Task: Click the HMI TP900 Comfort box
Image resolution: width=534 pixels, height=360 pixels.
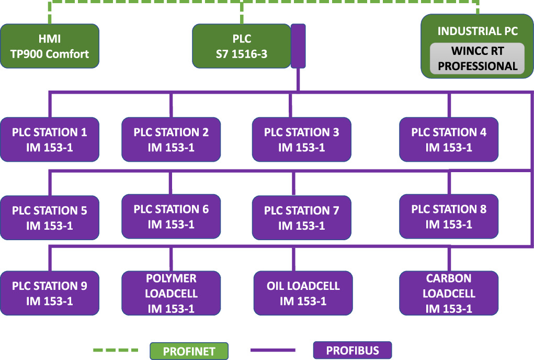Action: coord(50,46)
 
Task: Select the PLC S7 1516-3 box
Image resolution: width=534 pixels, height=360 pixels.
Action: coord(242,46)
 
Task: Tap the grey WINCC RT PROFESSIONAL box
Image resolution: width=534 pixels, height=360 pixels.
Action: coord(477,59)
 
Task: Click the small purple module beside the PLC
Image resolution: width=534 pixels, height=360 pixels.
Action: coord(298,46)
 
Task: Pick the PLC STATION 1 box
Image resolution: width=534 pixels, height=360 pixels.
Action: coord(50,140)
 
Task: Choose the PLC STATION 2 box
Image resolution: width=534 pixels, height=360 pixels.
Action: coord(171,140)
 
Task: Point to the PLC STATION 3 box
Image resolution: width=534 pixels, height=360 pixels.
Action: coord(301,140)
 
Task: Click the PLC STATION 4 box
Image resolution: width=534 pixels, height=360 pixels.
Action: coord(449,140)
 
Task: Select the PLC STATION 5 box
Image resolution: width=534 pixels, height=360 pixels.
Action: coord(50,218)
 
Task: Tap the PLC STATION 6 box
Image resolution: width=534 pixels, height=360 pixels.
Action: coord(171,217)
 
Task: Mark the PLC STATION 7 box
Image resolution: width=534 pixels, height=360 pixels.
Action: coord(301,218)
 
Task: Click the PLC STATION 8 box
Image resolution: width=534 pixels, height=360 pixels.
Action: coord(449,217)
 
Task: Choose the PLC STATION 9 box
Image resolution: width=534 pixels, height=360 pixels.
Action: coord(50,293)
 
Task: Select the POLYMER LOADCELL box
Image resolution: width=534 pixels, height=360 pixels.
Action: coord(171,293)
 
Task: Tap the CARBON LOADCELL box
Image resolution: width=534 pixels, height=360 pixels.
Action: coord(449,293)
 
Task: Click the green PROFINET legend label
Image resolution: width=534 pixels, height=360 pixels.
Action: coord(189,351)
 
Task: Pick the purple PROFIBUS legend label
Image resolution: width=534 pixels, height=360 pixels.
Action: coord(353,350)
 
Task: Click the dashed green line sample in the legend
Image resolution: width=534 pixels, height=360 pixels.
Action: coord(116,350)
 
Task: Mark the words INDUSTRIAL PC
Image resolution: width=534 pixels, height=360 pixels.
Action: coord(477,31)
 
